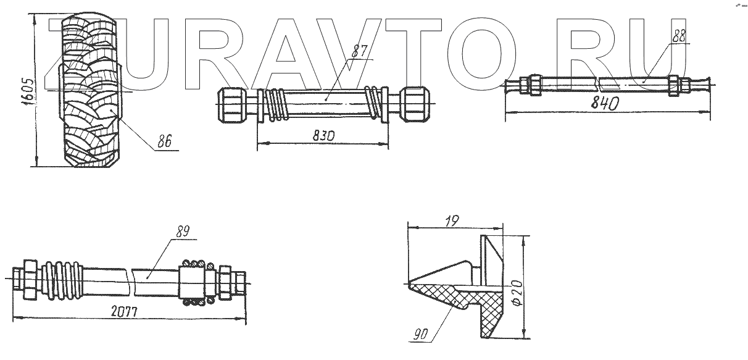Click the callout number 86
click(x=164, y=141)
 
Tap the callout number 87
click(x=359, y=51)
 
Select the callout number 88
click(x=678, y=36)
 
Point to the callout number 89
click(x=183, y=232)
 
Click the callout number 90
click(x=420, y=334)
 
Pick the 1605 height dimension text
click(x=27, y=93)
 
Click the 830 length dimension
click(x=323, y=136)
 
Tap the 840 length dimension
click(x=605, y=104)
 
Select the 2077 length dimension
click(x=124, y=312)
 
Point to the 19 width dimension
click(x=452, y=221)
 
